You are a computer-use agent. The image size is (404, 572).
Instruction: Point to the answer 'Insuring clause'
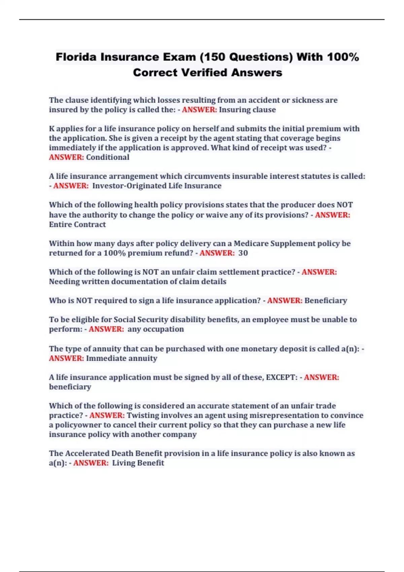point(247,110)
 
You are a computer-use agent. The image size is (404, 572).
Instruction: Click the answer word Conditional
point(107,157)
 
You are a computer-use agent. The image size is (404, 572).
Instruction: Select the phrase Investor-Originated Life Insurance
point(157,186)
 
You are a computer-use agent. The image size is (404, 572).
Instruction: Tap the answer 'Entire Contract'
point(77,224)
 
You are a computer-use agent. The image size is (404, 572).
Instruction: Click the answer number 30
point(243,253)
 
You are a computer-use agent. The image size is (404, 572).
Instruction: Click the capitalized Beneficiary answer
point(326,300)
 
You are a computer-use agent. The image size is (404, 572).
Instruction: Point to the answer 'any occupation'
point(156,329)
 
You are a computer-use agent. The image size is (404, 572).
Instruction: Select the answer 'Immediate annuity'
point(122,358)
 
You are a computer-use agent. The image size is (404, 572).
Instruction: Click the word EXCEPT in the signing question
point(281,377)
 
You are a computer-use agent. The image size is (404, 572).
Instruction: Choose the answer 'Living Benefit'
point(138,463)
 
